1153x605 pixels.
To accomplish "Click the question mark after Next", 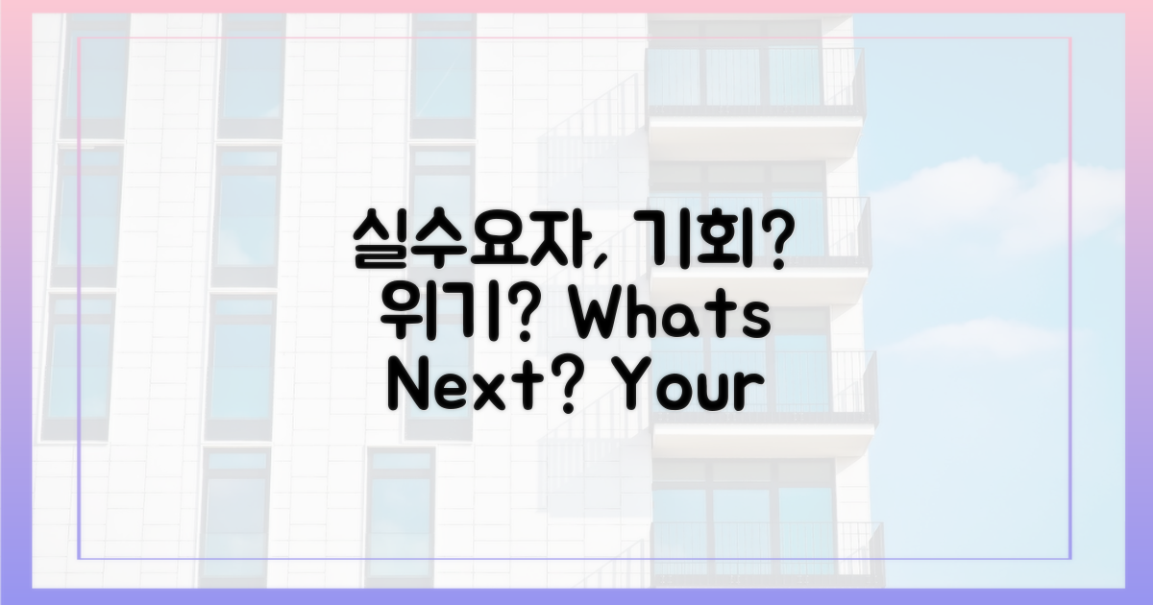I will point(563,388).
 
